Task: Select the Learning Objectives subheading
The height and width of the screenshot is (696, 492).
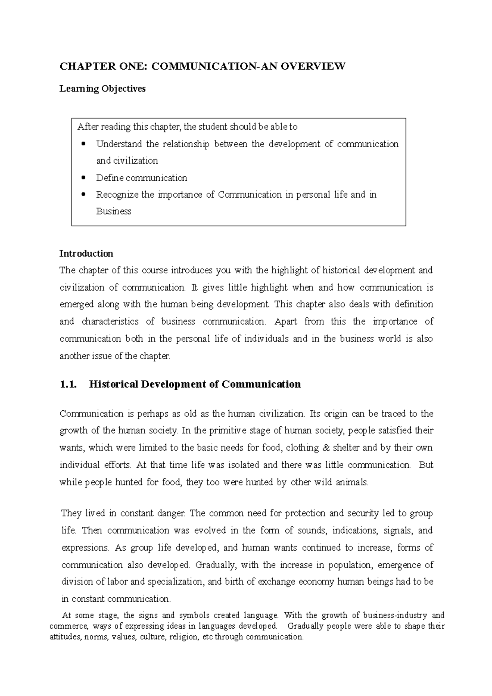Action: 102,89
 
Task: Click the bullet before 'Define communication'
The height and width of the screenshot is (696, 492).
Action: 84,178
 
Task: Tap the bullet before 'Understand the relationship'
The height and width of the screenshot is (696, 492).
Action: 84,144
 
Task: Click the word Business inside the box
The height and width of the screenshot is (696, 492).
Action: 114,212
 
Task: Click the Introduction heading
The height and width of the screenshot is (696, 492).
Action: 86,254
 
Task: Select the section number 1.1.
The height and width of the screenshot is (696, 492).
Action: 68,384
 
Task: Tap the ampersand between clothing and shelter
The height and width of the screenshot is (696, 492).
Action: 326,448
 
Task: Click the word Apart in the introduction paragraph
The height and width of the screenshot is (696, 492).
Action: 285,322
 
